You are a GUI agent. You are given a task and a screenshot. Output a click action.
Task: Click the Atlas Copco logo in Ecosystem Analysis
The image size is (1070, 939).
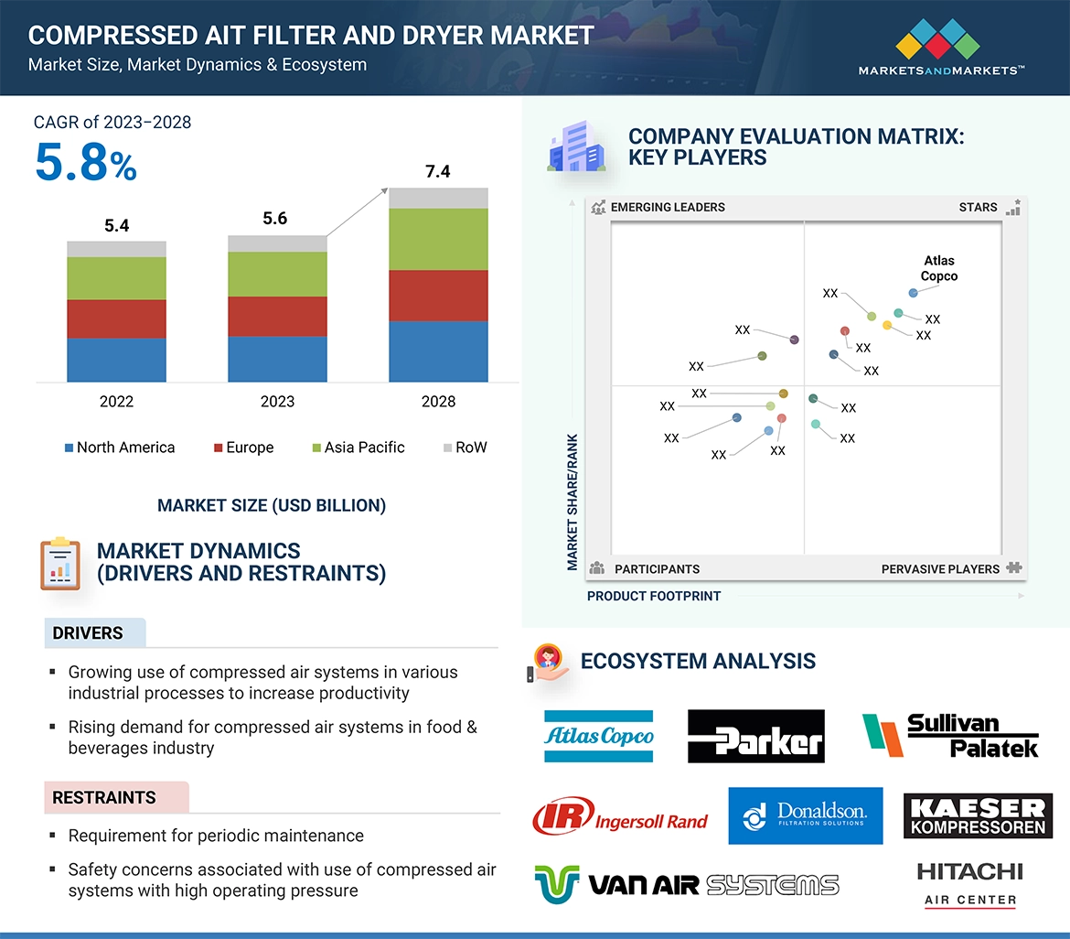[x=599, y=736]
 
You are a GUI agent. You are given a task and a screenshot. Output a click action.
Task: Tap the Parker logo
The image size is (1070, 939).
[x=755, y=736]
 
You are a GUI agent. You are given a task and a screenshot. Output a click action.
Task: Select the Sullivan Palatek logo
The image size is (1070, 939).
[x=950, y=736]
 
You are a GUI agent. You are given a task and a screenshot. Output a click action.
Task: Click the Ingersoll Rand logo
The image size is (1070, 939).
[x=620, y=816]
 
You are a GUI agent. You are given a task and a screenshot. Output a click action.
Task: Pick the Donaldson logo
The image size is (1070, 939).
[x=806, y=815]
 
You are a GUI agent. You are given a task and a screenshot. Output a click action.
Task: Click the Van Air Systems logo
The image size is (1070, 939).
[x=686, y=885]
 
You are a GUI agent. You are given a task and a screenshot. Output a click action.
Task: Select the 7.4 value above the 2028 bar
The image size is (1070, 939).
[x=438, y=171]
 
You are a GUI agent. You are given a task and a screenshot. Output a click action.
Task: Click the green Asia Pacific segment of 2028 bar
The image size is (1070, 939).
[x=438, y=239]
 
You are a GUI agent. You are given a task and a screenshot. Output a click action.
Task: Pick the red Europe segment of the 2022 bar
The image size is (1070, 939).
[x=116, y=318]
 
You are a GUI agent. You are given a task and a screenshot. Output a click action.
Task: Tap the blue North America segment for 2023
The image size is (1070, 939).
[x=277, y=359]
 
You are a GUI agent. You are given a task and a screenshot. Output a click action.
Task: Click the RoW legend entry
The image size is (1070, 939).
[x=465, y=448]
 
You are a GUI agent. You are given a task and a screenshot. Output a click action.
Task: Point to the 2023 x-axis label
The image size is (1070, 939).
[x=277, y=401]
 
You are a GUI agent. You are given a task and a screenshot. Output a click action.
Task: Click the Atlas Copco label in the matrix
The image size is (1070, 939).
[x=939, y=268]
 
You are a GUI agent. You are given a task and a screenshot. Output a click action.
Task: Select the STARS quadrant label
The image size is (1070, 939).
[x=978, y=207]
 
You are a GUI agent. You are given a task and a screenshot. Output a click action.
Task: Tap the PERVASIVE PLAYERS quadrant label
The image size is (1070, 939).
[x=940, y=568]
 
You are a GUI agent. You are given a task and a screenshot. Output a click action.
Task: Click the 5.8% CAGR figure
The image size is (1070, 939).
[x=86, y=163]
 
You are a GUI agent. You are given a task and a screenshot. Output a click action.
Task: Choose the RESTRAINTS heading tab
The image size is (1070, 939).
[x=104, y=797]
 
